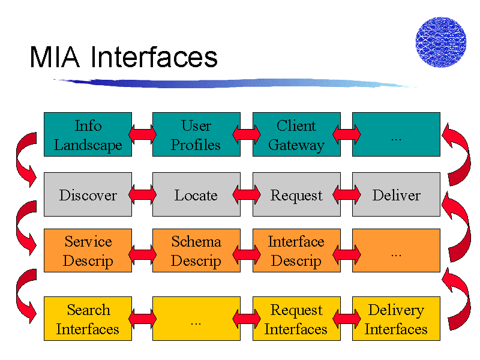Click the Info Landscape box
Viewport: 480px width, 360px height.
click(88, 134)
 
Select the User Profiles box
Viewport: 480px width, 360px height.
click(196, 134)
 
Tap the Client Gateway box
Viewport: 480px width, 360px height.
click(296, 134)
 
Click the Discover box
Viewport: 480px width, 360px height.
click(88, 194)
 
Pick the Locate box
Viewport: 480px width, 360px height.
click(196, 194)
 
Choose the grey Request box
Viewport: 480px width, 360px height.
click(296, 194)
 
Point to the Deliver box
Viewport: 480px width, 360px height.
click(396, 194)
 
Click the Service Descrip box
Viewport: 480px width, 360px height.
click(88, 250)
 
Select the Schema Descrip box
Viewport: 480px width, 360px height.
click(196, 250)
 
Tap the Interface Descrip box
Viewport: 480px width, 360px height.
click(296, 250)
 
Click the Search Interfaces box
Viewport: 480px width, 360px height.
click(88, 319)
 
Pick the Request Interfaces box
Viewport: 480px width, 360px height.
click(296, 319)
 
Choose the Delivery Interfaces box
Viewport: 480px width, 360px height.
click(396, 319)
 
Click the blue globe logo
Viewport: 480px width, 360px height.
click(441, 42)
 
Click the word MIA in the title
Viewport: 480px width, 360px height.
click(55, 57)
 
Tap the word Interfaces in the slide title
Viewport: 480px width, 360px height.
click(154, 56)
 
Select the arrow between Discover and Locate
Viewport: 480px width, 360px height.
click(142, 194)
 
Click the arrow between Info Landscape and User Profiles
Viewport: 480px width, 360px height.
click(142, 134)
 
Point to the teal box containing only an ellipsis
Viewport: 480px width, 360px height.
click(396, 134)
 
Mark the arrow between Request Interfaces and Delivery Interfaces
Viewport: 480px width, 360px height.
click(347, 319)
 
